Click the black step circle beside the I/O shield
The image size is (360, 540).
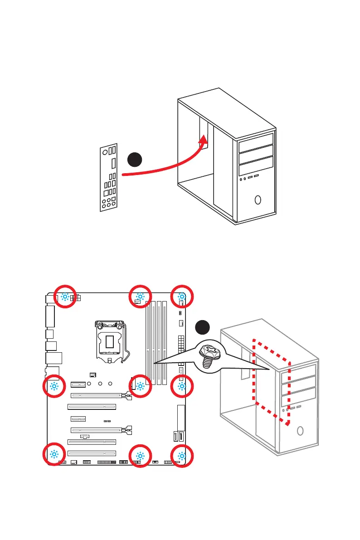click(135, 160)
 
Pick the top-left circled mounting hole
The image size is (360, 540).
click(65, 297)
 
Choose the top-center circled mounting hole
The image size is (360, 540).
click(140, 297)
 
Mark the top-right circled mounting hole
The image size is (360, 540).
click(181, 297)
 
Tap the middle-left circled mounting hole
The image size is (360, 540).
click(54, 386)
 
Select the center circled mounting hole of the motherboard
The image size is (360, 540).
click(140, 386)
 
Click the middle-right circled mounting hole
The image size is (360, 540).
click(181, 386)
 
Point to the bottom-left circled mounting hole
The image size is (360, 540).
click(54, 454)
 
